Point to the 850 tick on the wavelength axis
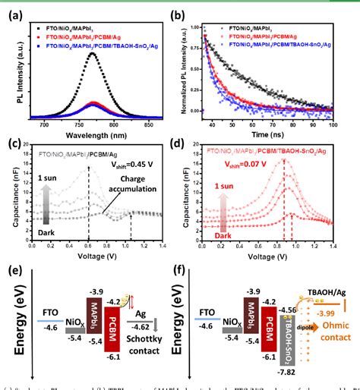pyautogui.click(x=158, y=123)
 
